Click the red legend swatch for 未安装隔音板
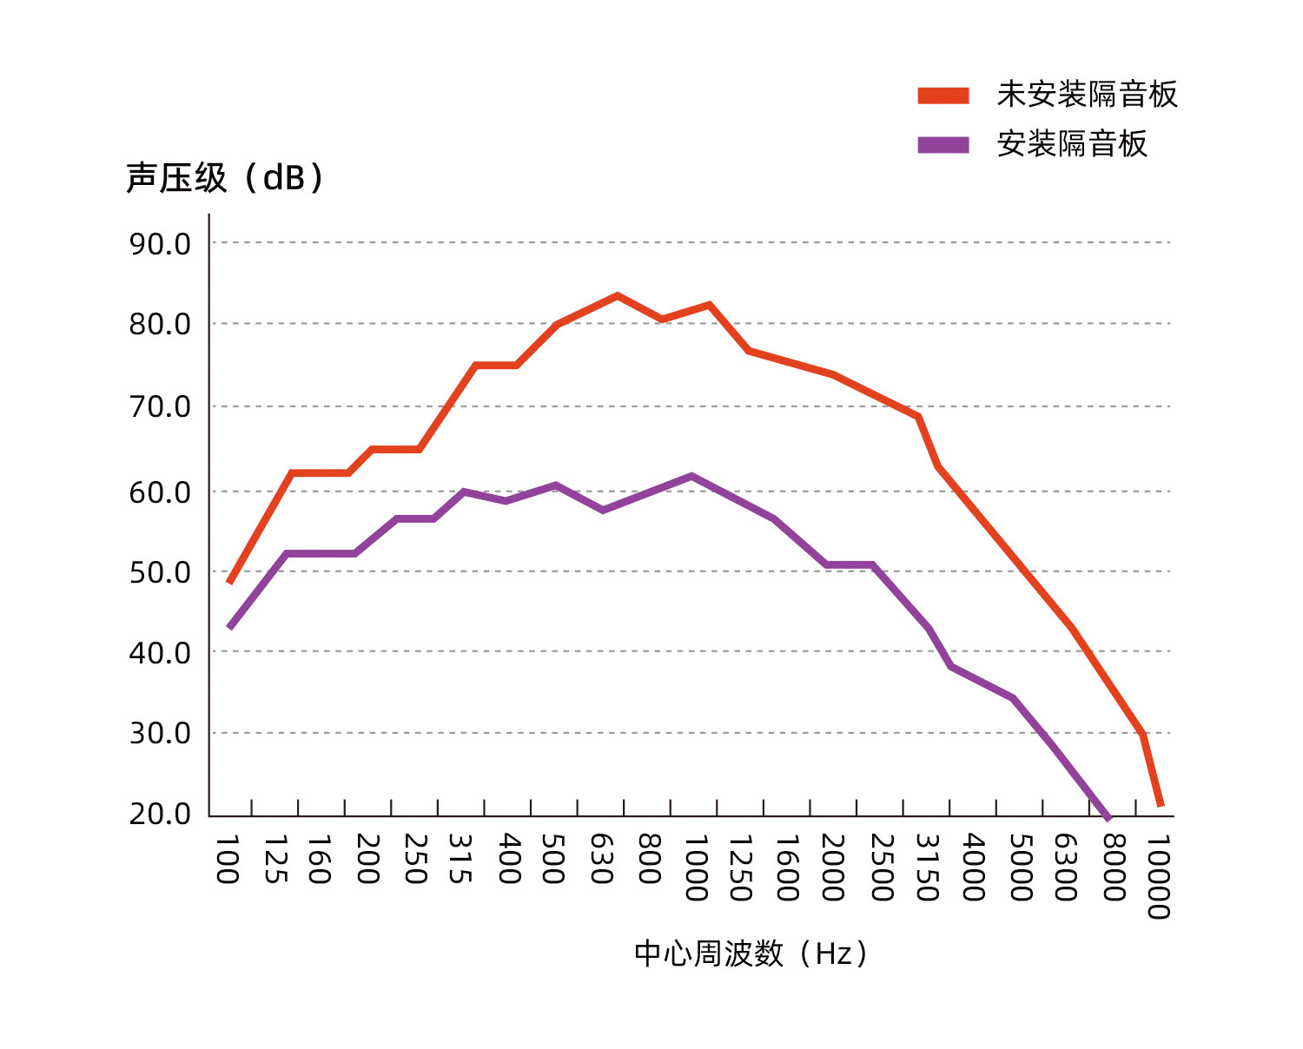(x=943, y=96)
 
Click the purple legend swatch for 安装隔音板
(x=943, y=144)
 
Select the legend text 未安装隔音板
(x=1087, y=95)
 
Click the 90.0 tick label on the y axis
(x=160, y=244)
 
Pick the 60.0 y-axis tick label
(x=160, y=492)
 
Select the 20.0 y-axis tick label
(x=160, y=814)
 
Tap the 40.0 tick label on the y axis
(x=160, y=652)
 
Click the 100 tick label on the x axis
(x=227, y=860)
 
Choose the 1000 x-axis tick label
(x=696, y=868)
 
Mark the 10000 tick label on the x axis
(x=1158, y=876)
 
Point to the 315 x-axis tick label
(x=460, y=860)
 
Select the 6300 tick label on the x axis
(x=1066, y=868)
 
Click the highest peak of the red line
(x=617, y=296)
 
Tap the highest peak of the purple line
(x=691, y=476)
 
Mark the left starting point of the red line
(x=229, y=582)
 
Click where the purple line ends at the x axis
(x=1108, y=816)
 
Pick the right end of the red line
(x=1161, y=806)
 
